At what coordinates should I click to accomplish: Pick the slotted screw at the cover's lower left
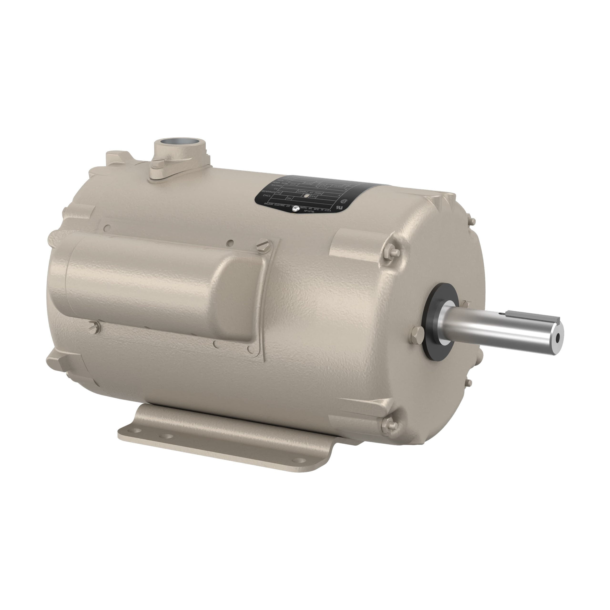(x=94, y=325)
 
